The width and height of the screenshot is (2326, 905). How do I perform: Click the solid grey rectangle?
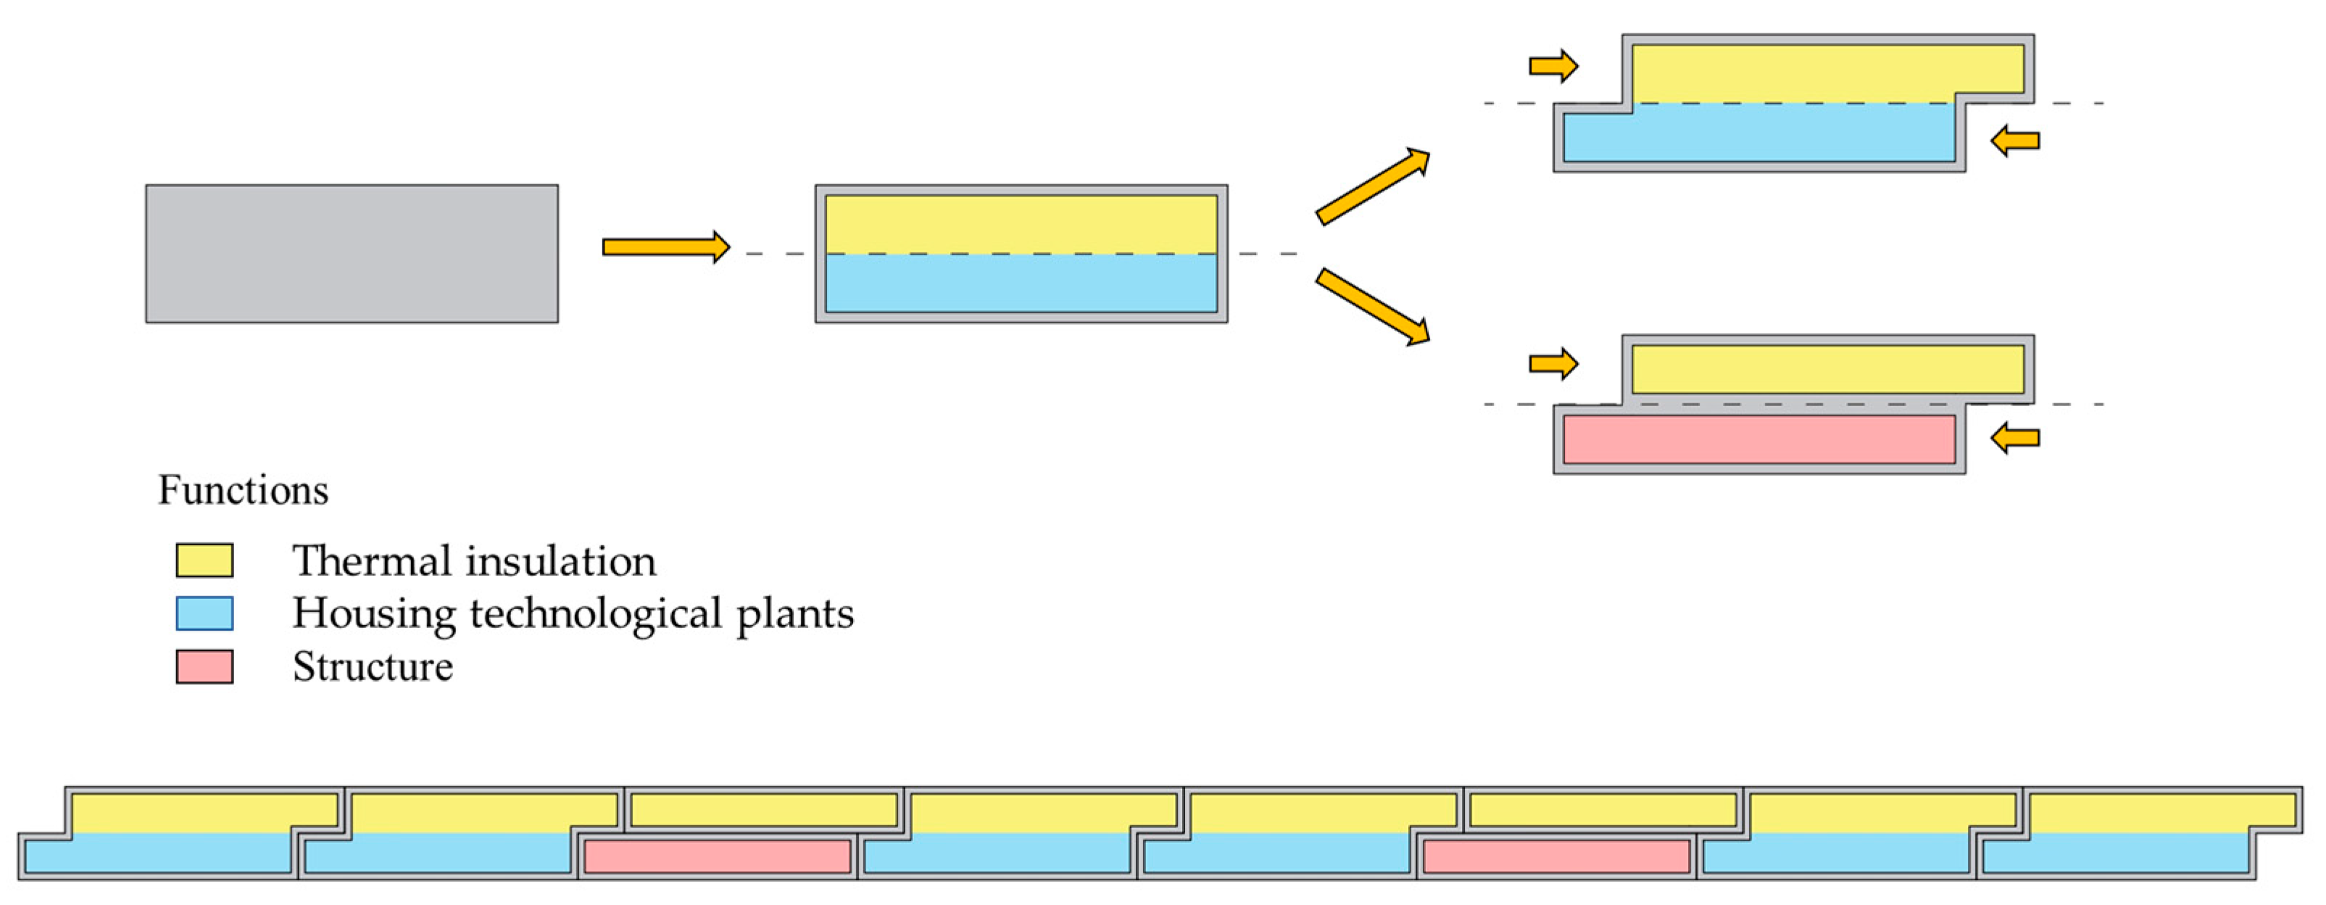pyautogui.click(x=352, y=254)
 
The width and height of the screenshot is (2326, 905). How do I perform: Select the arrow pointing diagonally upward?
pyautogui.click(x=1373, y=186)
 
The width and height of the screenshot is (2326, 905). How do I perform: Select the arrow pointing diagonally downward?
pyautogui.click(x=1373, y=307)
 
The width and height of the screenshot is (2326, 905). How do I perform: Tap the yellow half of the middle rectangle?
pyautogui.click(x=1021, y=224)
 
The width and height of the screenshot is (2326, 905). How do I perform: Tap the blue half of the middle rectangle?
pyautogui.click(x=1021, y=284)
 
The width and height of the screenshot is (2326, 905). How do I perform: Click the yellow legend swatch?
pyautogui.click(x=204, y=560)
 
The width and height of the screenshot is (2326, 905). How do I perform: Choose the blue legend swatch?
pyautogui.click(x=204, y=613)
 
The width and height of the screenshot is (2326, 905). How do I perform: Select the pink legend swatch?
pyautogui.click(x=204, y=666)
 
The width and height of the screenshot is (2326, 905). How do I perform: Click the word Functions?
pyautogui.click(x=243, y=490)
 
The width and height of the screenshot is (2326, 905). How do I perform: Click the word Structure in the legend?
pyautogui.click(x=372, y=666)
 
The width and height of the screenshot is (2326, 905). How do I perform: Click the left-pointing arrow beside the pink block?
pyautogui.click(x=2015, y=438)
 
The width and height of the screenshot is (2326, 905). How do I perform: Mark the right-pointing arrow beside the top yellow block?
pyautogui.click(x=1552, y=65)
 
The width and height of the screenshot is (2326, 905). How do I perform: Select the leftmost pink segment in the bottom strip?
pyautogui.click(x=717, y=856)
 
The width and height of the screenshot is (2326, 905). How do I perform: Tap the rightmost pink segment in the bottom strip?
pyautogui.click(x=1555, y=856)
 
